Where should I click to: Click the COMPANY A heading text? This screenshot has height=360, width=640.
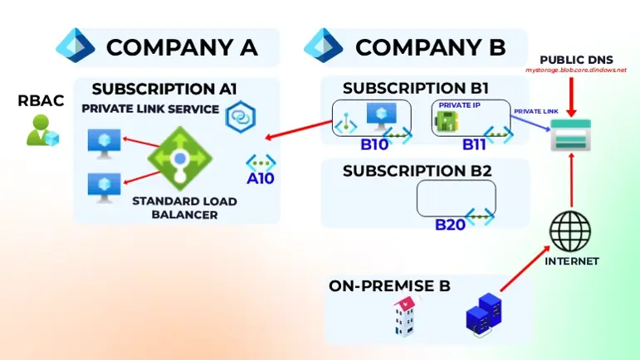pyautogui.click(x=182, y=47)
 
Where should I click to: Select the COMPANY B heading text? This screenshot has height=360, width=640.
pyautogui.click(x=430, y=47)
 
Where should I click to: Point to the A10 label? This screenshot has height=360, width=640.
pyautogui.click(x=261, y=177)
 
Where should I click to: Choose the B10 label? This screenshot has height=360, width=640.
pyautogui.click(x=374, y=145)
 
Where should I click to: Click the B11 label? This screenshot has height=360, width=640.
pyautogui.click(x=476, y=145)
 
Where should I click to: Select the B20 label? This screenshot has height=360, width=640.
pyautogui.click(x=452, y=224)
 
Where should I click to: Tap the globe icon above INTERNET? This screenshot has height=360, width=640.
pyautogui.click(x=571, y=231)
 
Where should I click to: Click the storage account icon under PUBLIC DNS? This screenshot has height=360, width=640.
pyautogui.click(x=571, y=135)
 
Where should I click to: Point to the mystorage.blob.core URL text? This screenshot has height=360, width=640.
pyautogui.click(x=575, y=71)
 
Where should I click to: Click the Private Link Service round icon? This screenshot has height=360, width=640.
pyautogui.click(x=240, y=116)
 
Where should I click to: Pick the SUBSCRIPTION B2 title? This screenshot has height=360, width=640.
pyautogui.click(x=418, y=173)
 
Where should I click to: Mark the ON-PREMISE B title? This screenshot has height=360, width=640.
pyautogui.click(x=389, y=286)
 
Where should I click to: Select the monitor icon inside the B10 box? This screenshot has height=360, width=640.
pyautogui.click(x=383, y=116)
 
